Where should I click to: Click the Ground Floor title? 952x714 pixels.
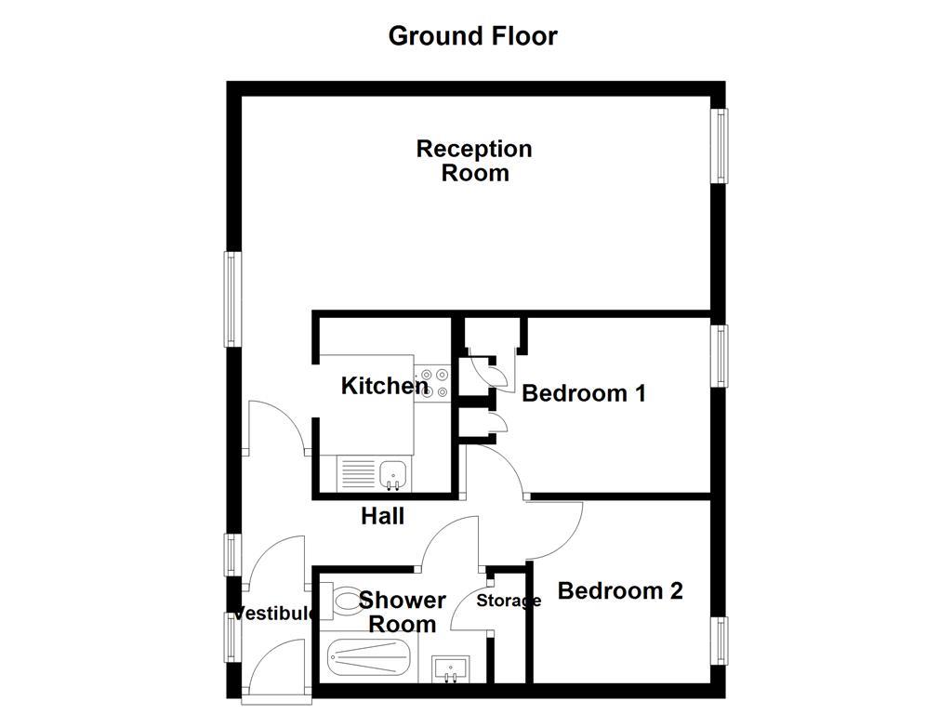coord(472,36)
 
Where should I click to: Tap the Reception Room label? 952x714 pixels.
coord(474,161)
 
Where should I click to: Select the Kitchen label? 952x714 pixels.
coord(384,386)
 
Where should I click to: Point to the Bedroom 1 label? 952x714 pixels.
coord(584,393)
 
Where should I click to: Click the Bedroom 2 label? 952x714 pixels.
coord(620,591)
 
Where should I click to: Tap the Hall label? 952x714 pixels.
coord(383,516)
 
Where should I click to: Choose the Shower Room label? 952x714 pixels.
coord(403,612)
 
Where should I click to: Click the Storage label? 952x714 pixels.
coord(509,601)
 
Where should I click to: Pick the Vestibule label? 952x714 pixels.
coord(273,614)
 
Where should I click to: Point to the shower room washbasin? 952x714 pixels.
coord(451,668)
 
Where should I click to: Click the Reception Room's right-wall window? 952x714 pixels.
coord(720,145)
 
